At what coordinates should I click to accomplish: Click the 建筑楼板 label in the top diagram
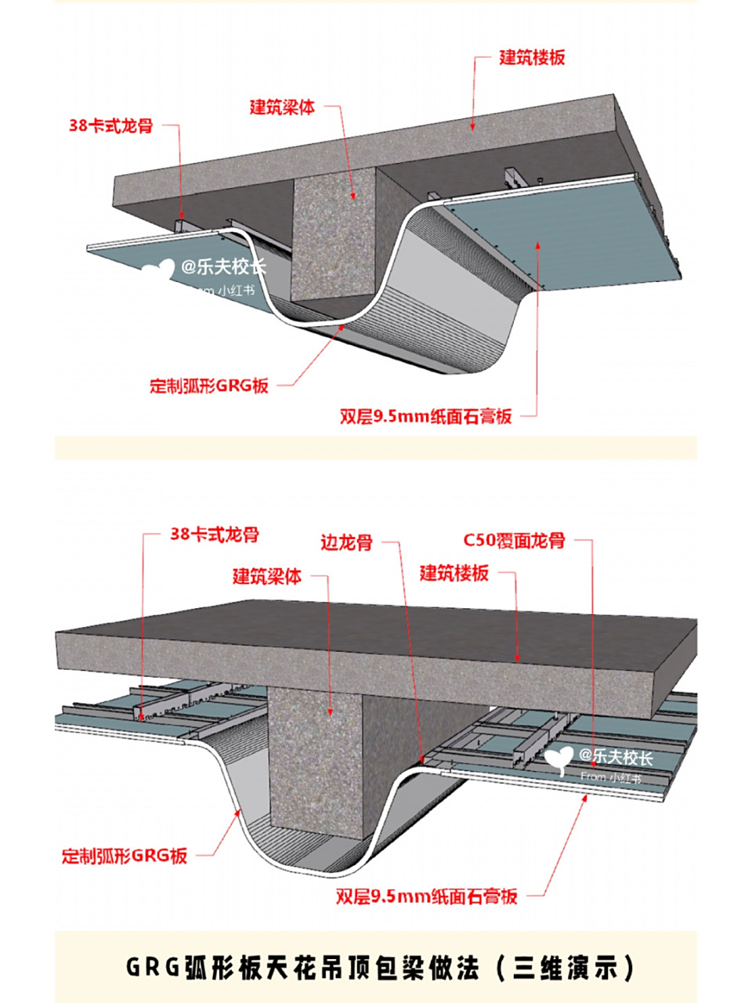[532, 58]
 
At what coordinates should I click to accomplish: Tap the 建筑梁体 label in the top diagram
[282, 107]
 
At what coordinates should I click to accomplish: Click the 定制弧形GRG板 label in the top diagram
[209, 386]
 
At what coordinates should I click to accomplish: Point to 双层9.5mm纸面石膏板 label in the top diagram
[425, 416]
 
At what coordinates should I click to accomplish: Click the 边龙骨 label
[345, 542]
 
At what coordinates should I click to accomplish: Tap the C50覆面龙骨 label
[514, 541]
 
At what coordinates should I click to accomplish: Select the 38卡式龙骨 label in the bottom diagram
[214, 535]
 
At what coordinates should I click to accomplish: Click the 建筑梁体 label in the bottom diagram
[266, 577]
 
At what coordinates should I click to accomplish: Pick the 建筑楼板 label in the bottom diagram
[454, 573]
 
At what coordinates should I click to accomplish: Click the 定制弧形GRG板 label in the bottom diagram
[125, 855]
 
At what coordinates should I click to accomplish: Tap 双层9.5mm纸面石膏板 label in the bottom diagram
[427, 896]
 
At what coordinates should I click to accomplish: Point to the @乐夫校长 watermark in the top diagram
[223, 267]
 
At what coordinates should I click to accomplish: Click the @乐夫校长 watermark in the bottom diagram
[616, 756]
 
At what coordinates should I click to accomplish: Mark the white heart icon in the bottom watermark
[559, 759]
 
